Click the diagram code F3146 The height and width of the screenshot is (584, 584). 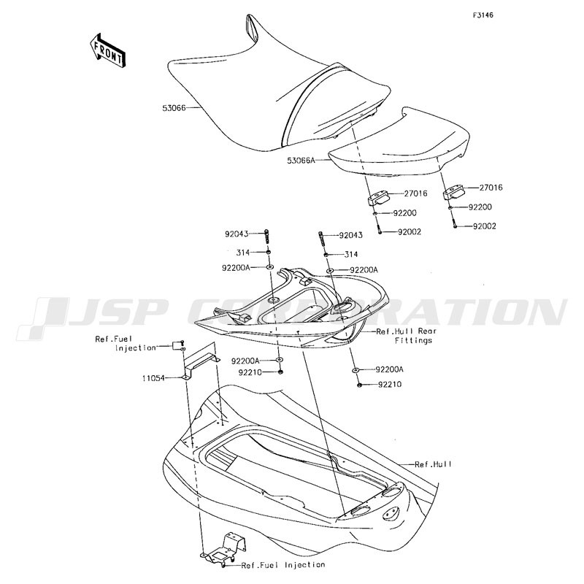pyautogui.click(x=483, y=15)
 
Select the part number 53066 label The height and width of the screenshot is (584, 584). pyautogui.click(x=174, y=108)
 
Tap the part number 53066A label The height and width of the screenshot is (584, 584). pyautogui.click(x=301, y=161)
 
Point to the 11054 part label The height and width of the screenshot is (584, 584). pyautogui.click(x=153, y=378)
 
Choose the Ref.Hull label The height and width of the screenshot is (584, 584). pyautogui.click(x=433, y=464)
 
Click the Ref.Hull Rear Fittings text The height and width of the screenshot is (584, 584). pyautogui.click(x=407, y=336)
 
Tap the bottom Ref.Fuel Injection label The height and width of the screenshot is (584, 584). pyautogui.click(x=283, y=565)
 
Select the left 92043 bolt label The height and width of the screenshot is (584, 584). pyautogui.click(x=237, y=234)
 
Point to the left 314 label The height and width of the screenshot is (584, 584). pyautogui.click(x=242, y=253)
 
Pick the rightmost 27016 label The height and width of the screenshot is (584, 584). pyautogui.click(x=491, y=188)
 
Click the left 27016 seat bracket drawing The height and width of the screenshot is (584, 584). pyautogui.click(x=377, y=198)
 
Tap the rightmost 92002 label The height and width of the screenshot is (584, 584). pyautogui.click(x=485, y=226)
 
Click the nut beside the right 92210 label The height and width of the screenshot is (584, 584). pyautogui.click(x=360, y=385)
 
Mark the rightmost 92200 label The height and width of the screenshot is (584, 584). pyautogui.click(x=480, y=207)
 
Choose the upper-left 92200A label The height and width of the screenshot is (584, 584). pyautogui.click(x=236, y=268)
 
